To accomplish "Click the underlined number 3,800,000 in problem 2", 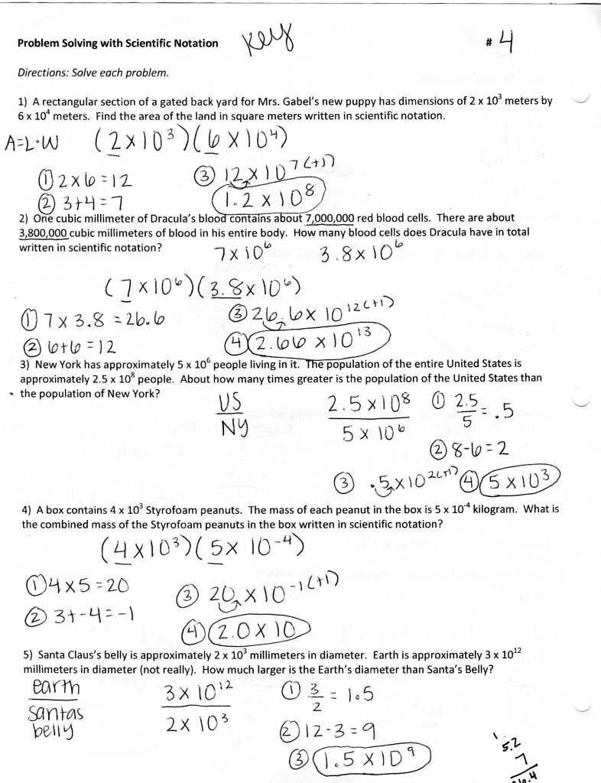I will tap(44, 232).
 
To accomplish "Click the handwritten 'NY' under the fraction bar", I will tap(230, 430).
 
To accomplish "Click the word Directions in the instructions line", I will tap(45, 73).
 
